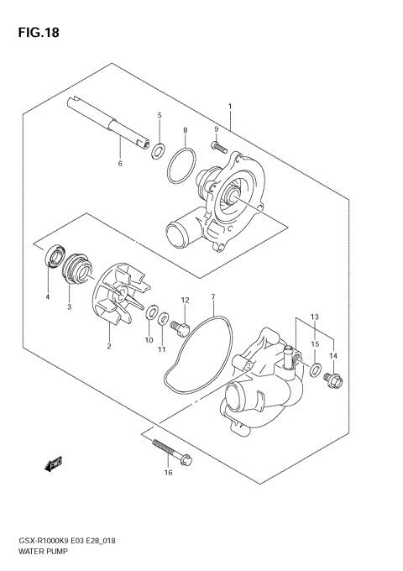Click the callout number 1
point(228,107)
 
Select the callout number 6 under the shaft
point(120,163)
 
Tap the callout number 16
point(168,474)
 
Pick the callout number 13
point(315,317)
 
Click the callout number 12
point(185,300)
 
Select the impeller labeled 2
point(118,306)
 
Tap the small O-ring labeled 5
point(157,151)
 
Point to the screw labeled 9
point(220,148)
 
